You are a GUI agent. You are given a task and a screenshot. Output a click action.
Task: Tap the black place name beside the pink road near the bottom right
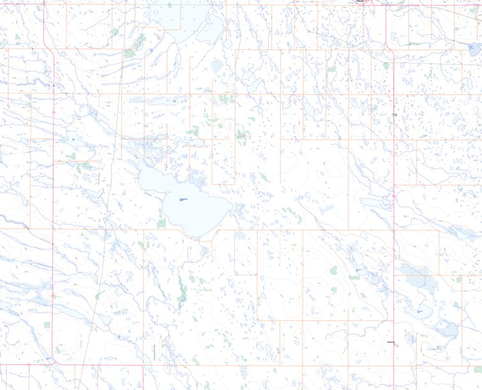coord(391,342)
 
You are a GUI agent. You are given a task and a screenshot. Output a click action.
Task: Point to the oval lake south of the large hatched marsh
coord(419,313)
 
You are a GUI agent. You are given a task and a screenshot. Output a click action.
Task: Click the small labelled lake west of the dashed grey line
coord(74,139)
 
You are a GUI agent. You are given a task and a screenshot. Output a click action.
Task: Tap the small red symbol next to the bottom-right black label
coord(396,346)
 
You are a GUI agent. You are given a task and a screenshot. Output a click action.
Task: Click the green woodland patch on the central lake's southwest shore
coord(161,221)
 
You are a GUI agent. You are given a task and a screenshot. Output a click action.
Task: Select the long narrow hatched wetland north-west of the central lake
coord(153,100)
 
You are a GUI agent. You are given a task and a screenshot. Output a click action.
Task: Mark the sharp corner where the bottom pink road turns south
coord(142,366)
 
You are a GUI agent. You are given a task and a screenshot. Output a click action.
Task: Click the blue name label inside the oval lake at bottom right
coord(419,311)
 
